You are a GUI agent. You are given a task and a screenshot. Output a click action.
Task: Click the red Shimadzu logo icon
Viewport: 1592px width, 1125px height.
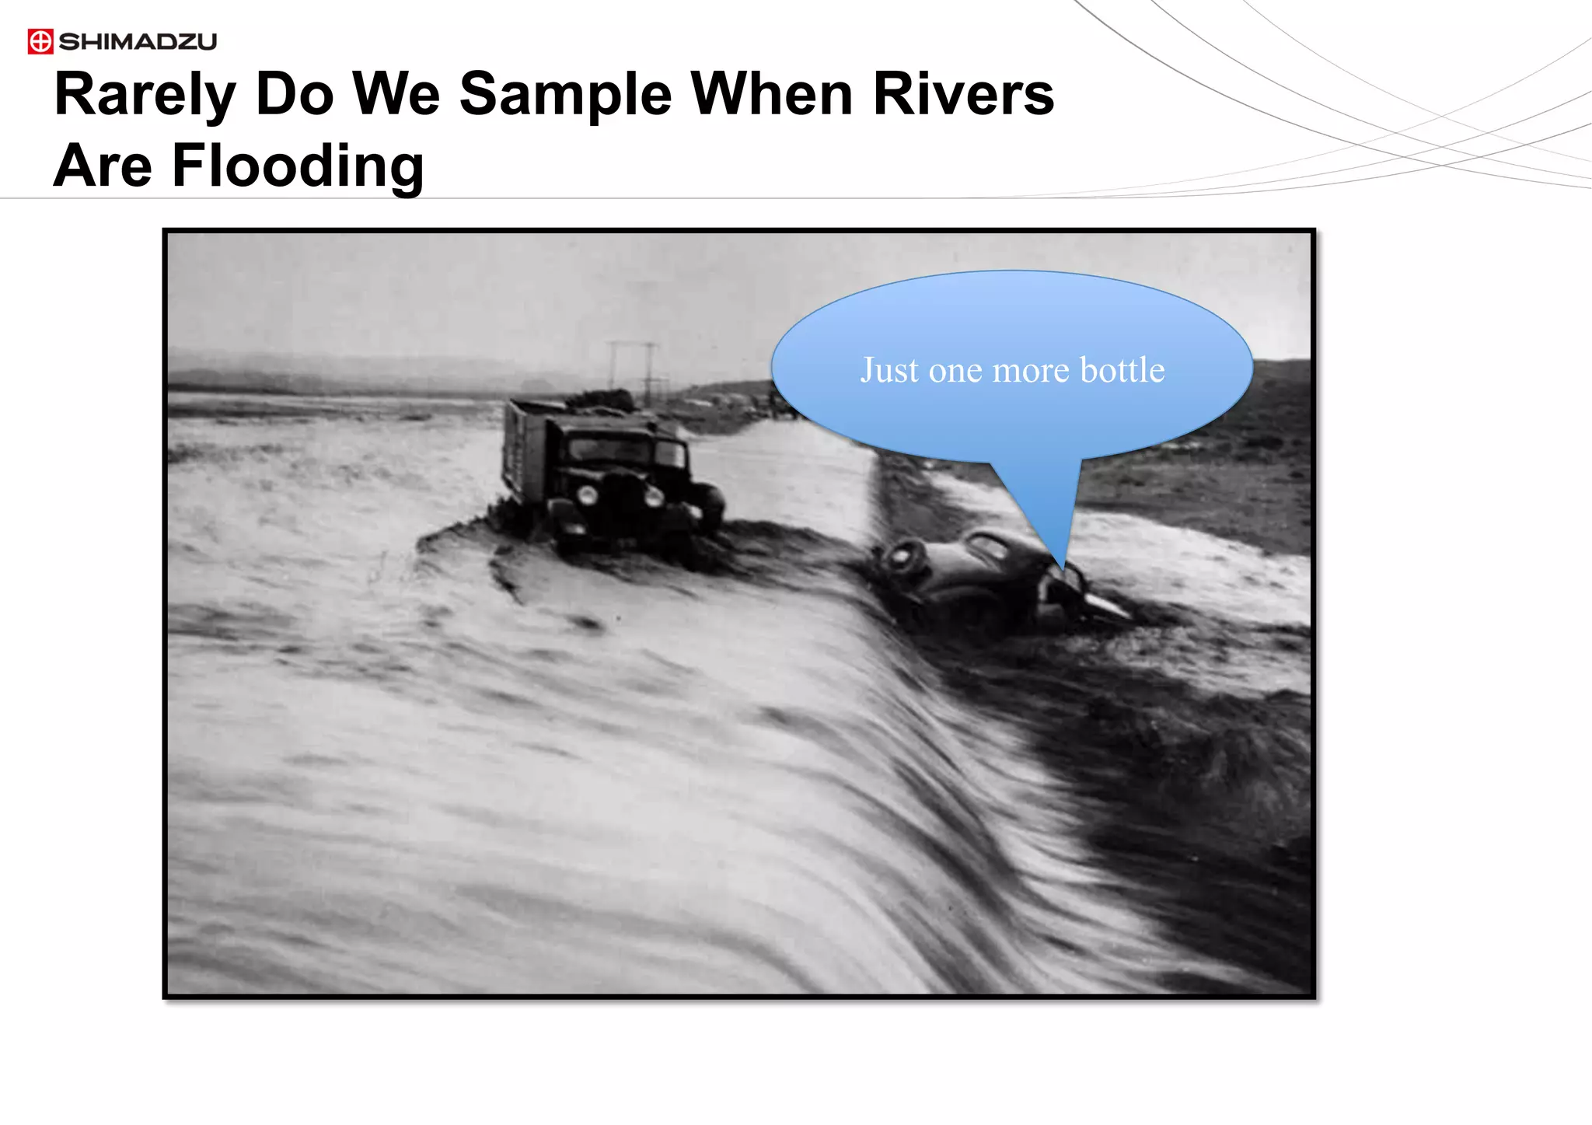point(40,41)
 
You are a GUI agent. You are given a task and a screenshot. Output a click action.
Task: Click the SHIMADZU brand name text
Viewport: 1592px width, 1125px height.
point(138,41)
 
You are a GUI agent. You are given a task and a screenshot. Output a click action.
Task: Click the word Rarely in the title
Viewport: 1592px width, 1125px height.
point(145,95)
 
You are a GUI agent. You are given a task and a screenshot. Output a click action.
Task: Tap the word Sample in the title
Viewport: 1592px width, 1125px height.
point(565,95)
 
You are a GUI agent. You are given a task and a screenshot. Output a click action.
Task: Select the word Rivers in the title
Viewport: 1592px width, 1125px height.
point(963,95)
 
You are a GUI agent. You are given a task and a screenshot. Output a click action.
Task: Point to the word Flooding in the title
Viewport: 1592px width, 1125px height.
point(298,166)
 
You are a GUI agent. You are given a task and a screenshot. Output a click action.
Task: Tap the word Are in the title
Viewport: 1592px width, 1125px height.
point(103,166)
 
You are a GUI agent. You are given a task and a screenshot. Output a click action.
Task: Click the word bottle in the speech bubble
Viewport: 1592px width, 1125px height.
point(1122,370)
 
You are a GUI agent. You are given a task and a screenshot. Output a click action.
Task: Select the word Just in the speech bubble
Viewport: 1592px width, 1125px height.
point(890,370)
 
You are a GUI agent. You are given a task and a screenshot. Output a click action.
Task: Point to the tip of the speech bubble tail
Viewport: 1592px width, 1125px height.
point(1063,570)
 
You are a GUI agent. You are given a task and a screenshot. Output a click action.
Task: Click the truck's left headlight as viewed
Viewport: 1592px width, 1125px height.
point(588,494)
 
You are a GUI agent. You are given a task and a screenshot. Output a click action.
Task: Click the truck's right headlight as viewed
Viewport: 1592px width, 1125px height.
point(654,495)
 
